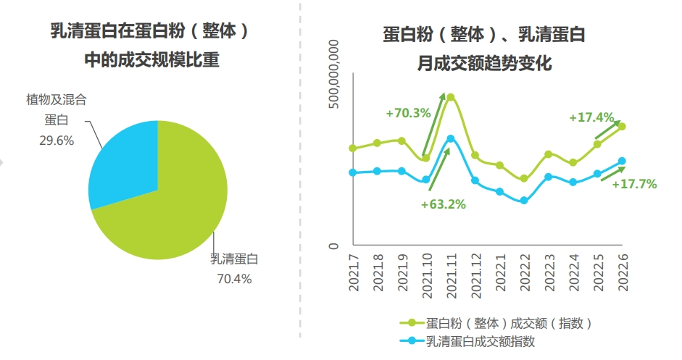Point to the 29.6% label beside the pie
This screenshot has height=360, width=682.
click(x=57, y=141)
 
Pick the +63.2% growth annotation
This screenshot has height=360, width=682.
click(x=443, y=204)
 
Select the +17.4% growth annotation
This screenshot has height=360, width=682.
click(x=591, y=117)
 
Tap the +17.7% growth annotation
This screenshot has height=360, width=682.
click(x=634, y=184)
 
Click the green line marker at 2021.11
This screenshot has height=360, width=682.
click(x=450, y=97)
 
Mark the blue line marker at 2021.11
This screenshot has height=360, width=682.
click(x=450, y=138)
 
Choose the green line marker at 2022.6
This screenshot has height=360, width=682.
click(x=622, y=127)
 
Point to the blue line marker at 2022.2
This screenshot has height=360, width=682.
click(x=523, y=201)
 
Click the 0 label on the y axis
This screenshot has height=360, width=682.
click(x=334, y=246)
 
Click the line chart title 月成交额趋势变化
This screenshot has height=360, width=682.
click(x=483, y=64)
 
